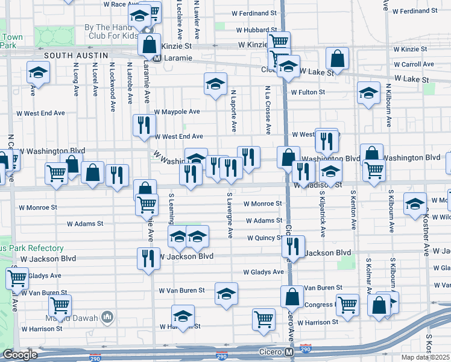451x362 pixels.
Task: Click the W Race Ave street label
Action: point(122,4)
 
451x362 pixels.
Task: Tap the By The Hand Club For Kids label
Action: point(111,31)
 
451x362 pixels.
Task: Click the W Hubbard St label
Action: point(255,29)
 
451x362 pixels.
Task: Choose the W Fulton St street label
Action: point(307,92)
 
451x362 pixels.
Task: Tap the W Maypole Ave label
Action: point(177,112)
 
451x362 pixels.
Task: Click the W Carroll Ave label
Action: point(414,64)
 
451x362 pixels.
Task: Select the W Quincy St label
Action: point(265,238)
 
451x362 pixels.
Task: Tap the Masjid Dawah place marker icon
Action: point(107,317)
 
